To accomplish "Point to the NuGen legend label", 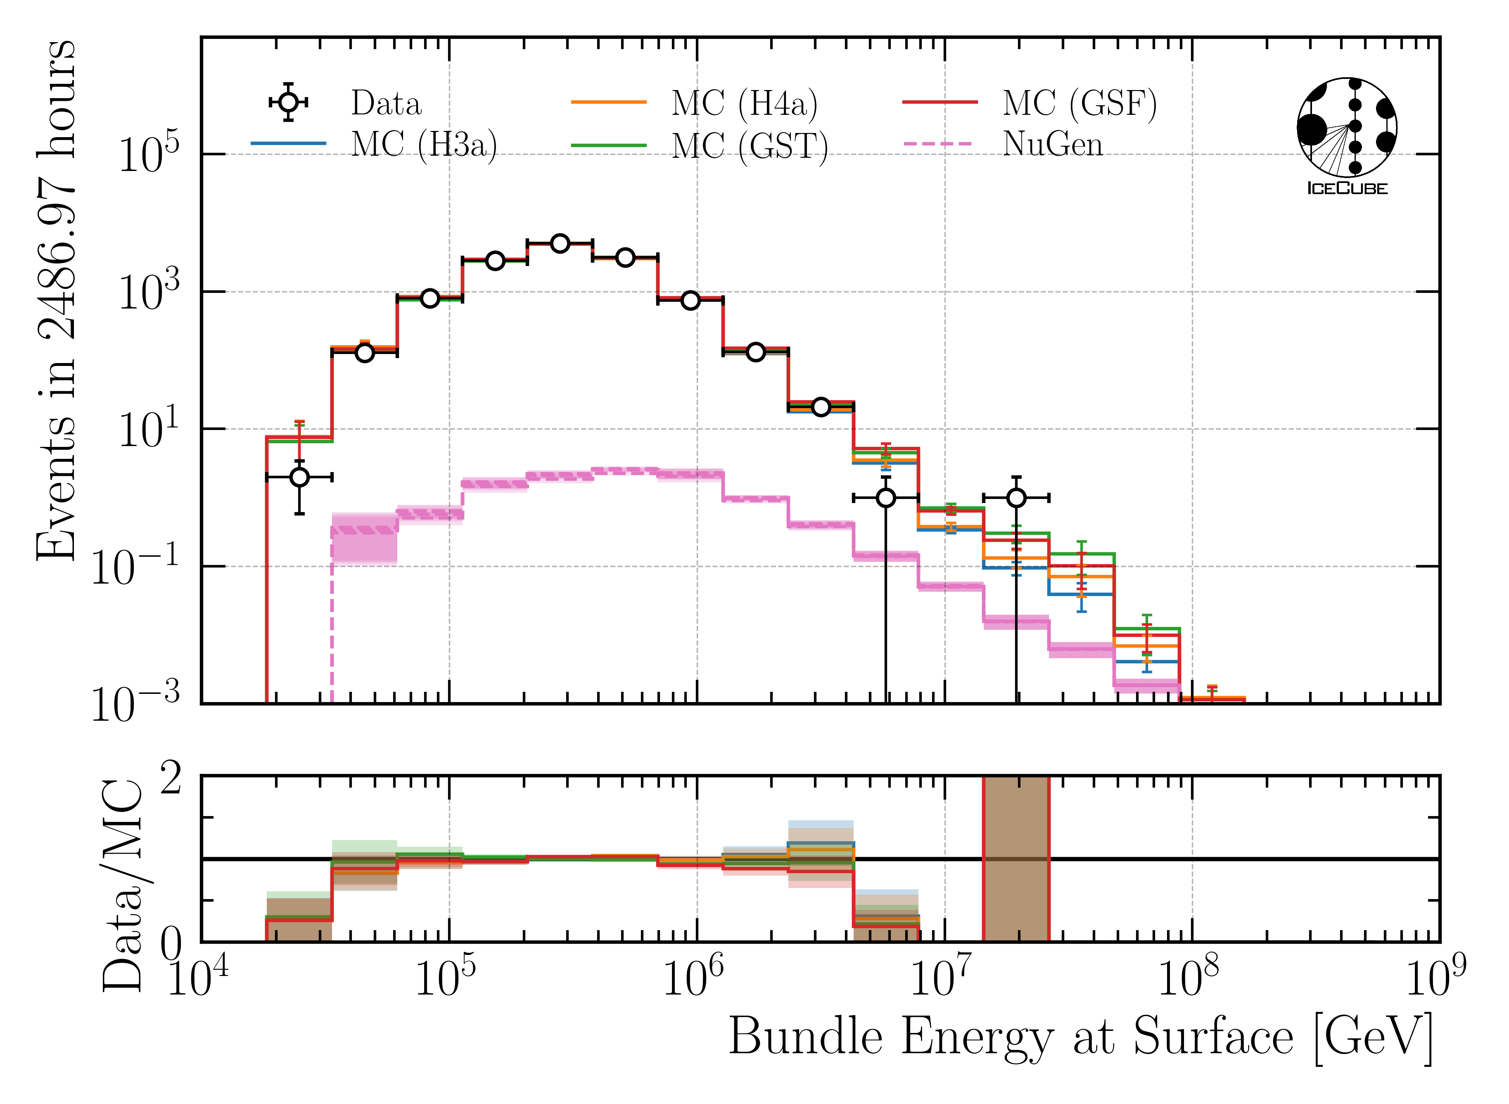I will coord(1052,144).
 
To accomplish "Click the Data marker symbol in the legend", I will coord(288,102).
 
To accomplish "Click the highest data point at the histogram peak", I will coord(560,243).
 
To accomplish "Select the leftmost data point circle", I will coord(299,477).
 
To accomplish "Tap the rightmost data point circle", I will coord(1016,498).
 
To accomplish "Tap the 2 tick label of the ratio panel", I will coord(171,779).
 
